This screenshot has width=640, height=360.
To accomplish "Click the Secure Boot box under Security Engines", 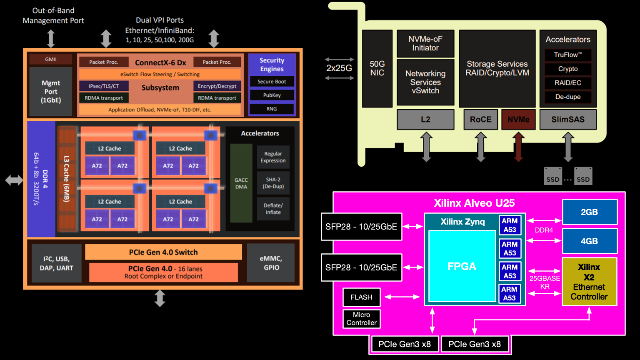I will click(x=272, y=82).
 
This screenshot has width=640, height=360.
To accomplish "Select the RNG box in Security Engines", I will click(x=272, y=109).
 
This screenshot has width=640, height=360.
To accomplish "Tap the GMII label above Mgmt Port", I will click(x=51, y=60).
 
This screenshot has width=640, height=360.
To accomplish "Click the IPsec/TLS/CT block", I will click(x=104, y=86).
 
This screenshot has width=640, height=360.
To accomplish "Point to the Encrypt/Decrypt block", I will click(x=217, y=86).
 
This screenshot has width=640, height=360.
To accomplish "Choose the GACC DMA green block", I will click(x=241, y=183).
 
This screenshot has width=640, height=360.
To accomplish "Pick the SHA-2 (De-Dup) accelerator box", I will click(x=273, y=183).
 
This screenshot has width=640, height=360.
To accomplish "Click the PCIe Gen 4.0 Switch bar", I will click(x=163, y=252).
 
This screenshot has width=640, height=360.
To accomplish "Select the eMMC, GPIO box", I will click(x=271, y=263).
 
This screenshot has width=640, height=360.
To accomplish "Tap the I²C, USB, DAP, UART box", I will click(x=56, y=263).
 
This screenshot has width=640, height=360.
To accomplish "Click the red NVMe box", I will click(x=518, y=120).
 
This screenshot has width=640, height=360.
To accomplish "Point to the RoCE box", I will click(x=480, y=120).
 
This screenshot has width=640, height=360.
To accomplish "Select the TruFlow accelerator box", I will click(x=568, y=55).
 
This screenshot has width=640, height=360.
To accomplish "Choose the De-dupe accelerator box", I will click(x=568, y=97).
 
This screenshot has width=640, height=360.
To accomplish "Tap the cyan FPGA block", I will click(x=462, y=266).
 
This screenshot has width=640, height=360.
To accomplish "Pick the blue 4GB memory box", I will click(x=589, y=241).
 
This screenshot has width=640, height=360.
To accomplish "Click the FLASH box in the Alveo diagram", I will click(x=361, y=297).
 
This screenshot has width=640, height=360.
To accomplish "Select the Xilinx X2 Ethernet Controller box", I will click(x=589, y=282).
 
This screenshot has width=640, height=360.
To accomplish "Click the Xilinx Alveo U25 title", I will click(x=474, y=203).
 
